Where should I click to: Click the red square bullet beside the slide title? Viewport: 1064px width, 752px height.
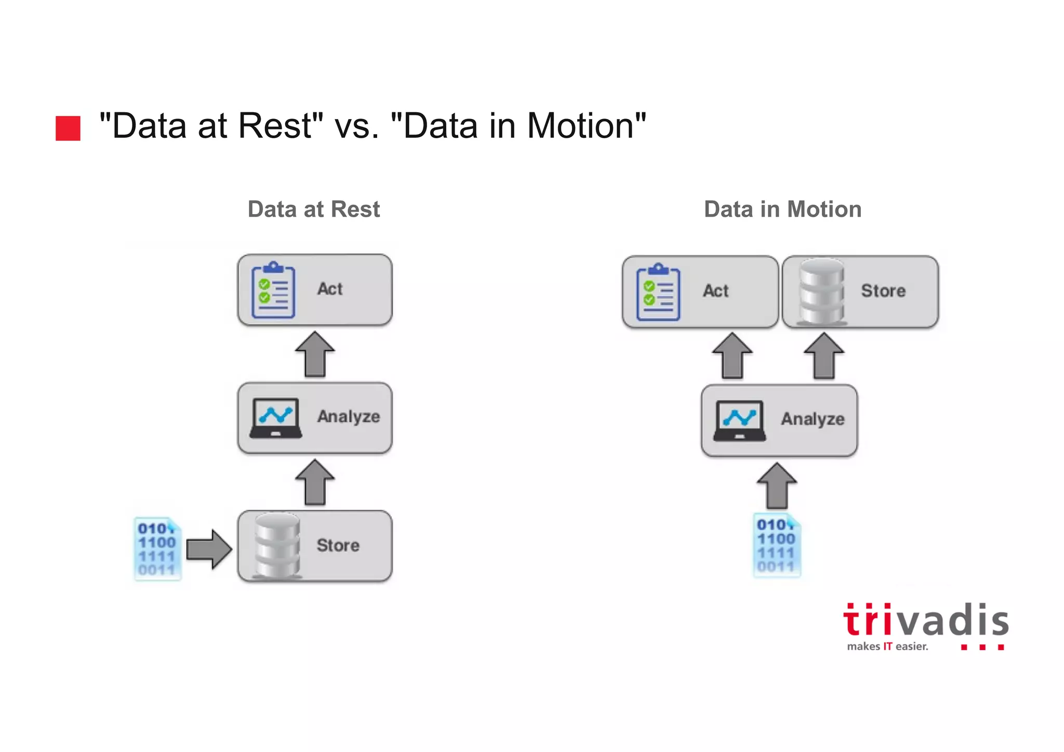tap(68, 128)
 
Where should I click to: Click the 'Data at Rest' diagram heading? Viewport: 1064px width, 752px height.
tap(314, 209)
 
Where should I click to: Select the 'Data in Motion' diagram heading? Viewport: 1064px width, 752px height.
tap(782, 209)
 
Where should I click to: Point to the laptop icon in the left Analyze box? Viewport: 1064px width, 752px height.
tap(275, 418)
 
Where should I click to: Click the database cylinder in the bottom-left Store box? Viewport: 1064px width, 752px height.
tap(277, 546)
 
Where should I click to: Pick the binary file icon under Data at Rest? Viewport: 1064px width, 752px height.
tap(157, 548)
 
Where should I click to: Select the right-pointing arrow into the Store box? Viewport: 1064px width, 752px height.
tap(209, 549)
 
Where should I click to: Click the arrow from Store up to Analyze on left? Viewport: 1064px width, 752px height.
tap(315, 482)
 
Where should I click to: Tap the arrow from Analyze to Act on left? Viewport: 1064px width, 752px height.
tap(315, 354)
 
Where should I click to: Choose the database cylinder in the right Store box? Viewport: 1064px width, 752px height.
tap(821, 292)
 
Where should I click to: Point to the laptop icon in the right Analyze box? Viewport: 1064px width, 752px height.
tap(739, 420)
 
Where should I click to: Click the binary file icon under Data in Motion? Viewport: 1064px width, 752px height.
tap(777, 545)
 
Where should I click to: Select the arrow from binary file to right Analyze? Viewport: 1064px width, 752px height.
tap(777, 486)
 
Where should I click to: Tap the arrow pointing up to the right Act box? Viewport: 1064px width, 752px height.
tap(733, 355)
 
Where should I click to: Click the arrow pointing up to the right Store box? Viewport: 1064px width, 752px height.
tap(824, 355)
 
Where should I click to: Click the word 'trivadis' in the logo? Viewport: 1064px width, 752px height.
tap(925, 621)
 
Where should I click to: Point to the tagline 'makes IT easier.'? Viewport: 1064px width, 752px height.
tap(887, 647)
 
